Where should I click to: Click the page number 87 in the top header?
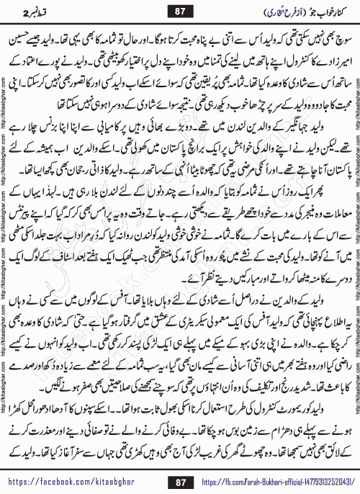pyautogui.click(x=179, y=12)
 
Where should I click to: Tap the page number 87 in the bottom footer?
pyautogui.click(x=180, y=480)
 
